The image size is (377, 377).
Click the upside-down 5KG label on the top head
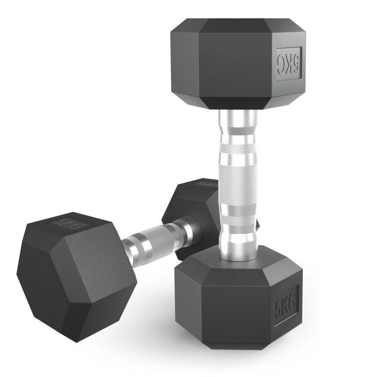click(x=288, y=64)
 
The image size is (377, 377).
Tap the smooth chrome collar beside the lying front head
click(x=129, y=248)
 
